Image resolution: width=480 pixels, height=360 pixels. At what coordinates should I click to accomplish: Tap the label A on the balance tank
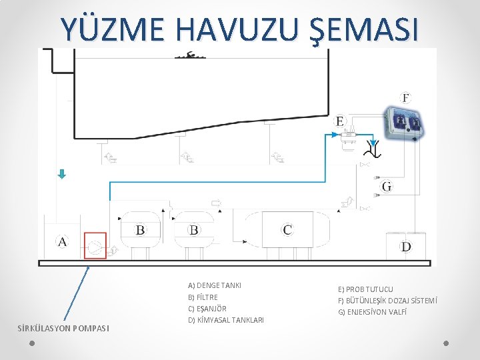pyautogui.click(x=63, y=241)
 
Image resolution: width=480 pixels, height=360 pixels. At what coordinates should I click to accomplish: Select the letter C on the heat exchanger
pyautogui.click(x=287, y=230)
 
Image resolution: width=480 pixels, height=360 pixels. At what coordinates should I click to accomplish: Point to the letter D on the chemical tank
pyautogui.click(x=405, y=247)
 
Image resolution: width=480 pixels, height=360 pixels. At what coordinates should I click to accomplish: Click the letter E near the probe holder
pyautogui.click(x=340, y=121)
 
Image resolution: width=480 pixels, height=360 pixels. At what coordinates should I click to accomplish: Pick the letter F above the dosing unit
pyautogui.click(x=406, y=99)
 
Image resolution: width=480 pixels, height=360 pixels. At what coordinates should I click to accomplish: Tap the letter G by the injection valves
pyautogui.click(x=387, y=187)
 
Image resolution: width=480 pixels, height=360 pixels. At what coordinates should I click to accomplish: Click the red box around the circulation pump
pyautogui.click(x=95, y=245)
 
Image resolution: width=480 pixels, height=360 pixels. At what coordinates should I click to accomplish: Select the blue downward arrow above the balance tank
pyautogui.click(x=62, y=174)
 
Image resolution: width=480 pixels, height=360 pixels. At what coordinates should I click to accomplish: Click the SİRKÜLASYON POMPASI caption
pyautogui.click(x=64, y=327)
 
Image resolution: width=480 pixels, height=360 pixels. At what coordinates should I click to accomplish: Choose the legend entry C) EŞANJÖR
pyautogui.click(x=207, y=309)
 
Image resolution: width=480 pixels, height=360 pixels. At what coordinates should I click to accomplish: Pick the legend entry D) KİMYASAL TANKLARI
pyautogui.click(x=225, y=320)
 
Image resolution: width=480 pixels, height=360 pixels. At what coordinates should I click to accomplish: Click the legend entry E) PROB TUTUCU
pyautogui.click(x=365, y=289)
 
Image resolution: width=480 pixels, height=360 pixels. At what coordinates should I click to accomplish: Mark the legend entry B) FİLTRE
pyautogui.click(x=203, y=297)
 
